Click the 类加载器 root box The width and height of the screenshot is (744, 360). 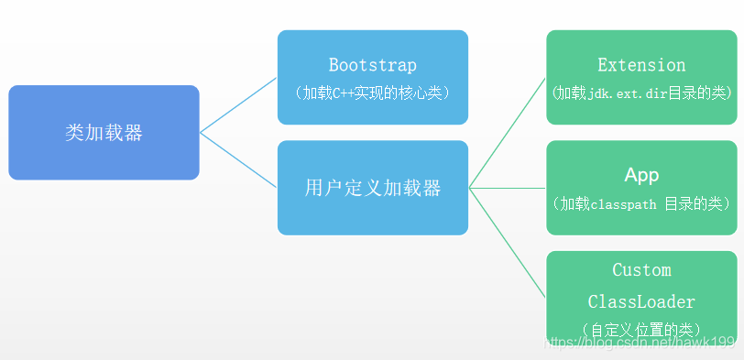click(x=104, y=133)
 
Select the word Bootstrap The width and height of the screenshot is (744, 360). click(x=372, y=65)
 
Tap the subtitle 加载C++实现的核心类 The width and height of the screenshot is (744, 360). click(x=372, y=93)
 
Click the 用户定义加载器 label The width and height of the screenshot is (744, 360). click(x=372, y=188)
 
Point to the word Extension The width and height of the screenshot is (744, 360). click(x=641, y=65)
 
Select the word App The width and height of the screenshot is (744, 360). click(x=641, y=175)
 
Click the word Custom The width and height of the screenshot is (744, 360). click(x=641, y=270)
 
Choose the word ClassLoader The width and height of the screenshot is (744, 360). click(x=641, y=301)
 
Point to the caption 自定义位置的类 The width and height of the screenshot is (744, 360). click(x=641, y=329)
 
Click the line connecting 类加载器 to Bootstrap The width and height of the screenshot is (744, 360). click(x=238, y=105)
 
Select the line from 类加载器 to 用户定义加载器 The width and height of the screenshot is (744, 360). click(x=238, y=160)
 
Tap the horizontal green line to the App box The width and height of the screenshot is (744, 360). click(x=508, y=188)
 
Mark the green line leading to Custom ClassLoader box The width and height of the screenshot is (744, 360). click(x=508, y=243)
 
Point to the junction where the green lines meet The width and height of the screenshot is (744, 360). click(x=470, y=188)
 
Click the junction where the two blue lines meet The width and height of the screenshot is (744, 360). click(x=201, y=133)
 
